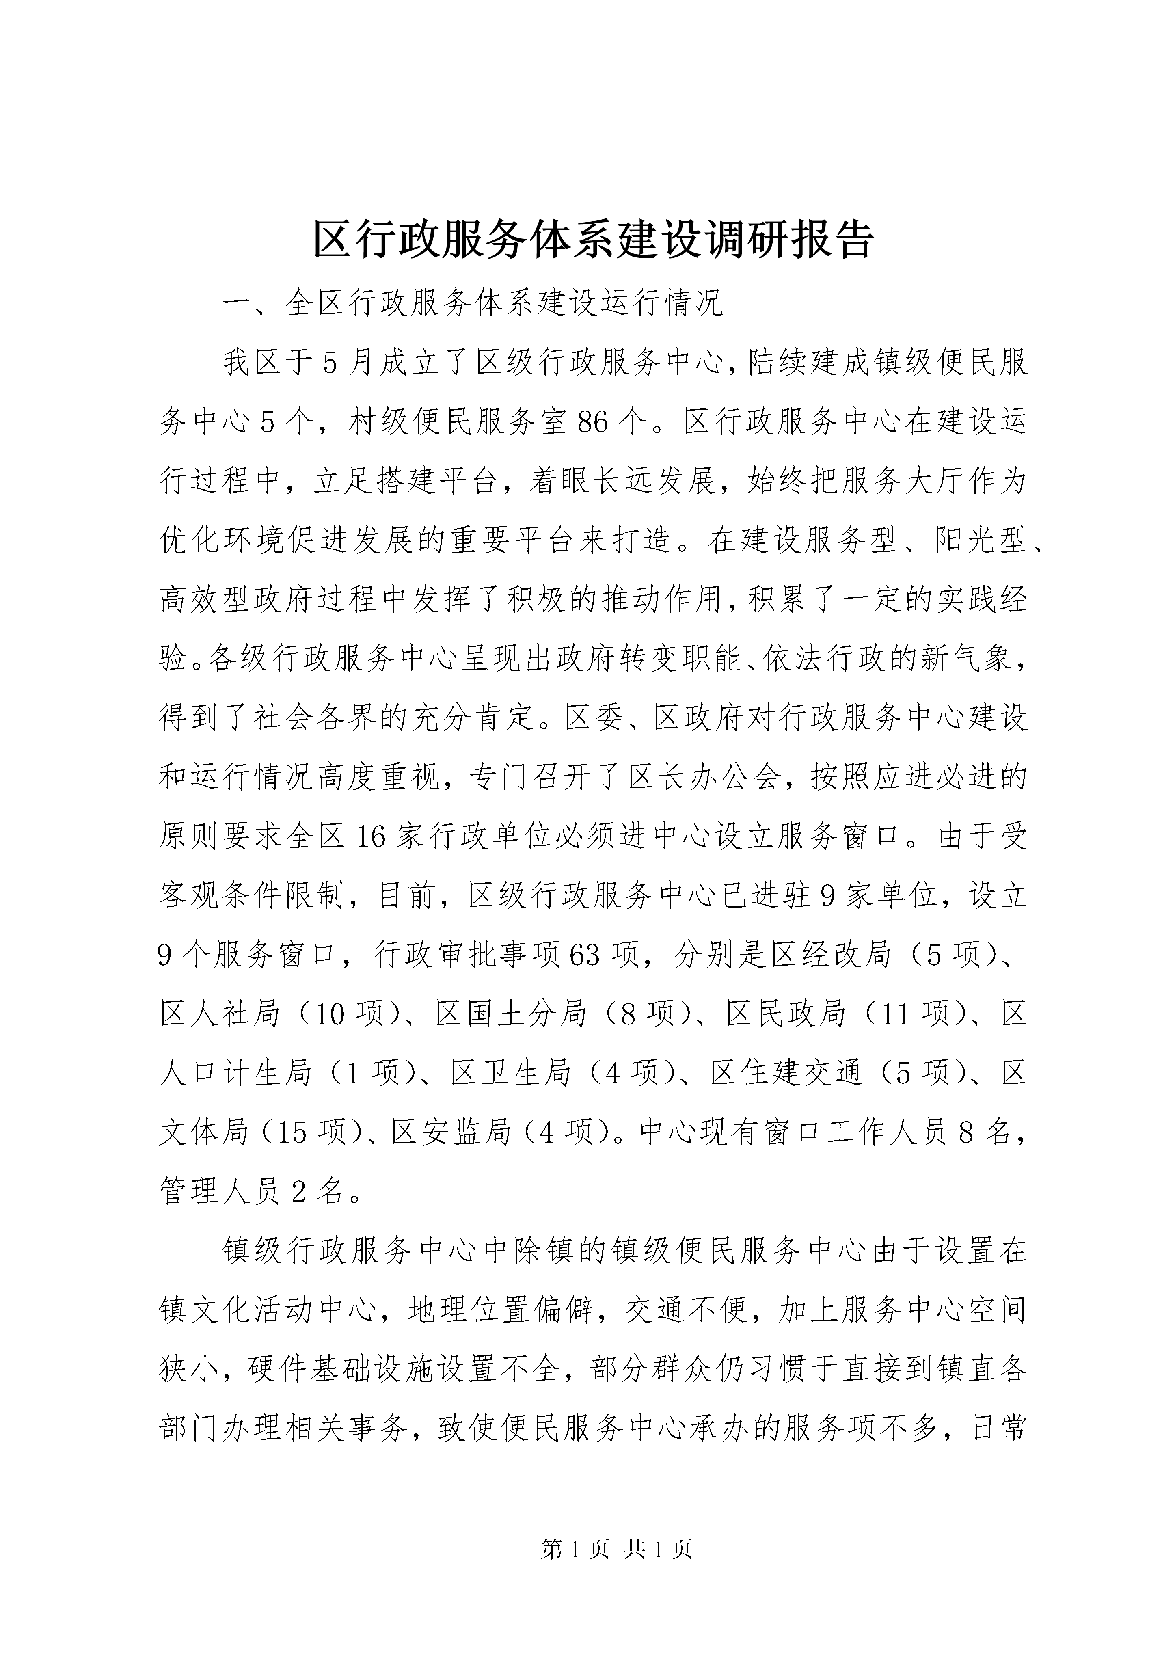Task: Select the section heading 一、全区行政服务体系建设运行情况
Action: pos(473,304)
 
